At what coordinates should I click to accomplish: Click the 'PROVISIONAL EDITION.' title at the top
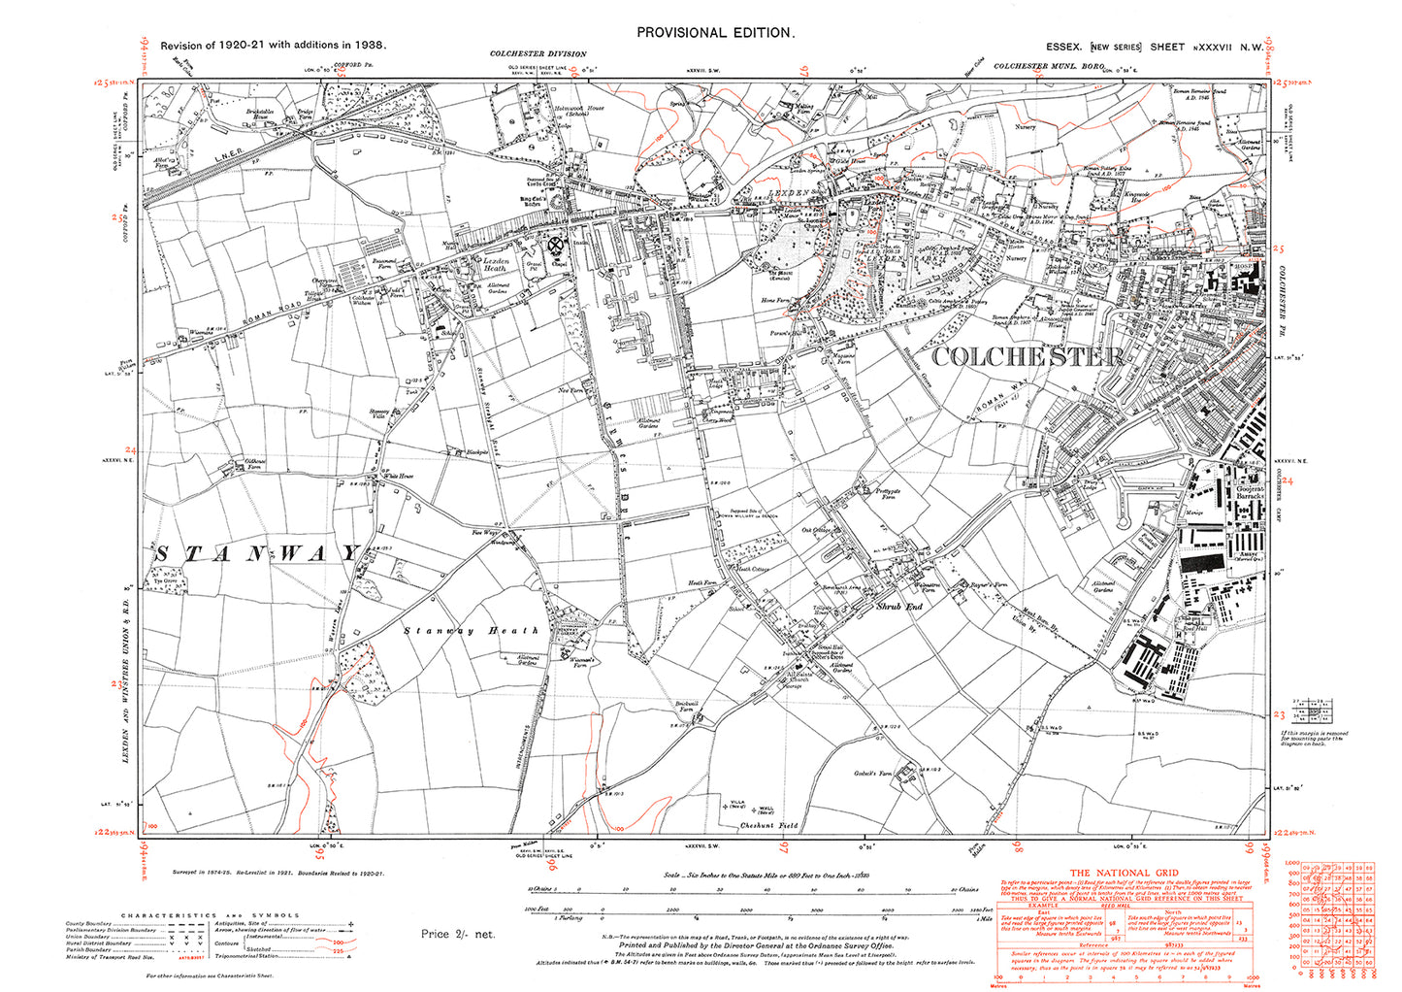715,32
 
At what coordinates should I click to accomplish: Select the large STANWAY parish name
257,553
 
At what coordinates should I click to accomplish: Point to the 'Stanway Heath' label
471,631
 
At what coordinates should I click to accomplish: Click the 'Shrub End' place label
899,606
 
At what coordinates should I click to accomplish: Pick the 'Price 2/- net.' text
458,934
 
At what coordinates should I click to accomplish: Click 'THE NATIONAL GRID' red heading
1125,873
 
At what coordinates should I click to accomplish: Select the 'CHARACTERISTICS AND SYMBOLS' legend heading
210,915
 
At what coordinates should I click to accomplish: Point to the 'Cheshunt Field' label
768,825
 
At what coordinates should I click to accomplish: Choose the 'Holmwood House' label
578,109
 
